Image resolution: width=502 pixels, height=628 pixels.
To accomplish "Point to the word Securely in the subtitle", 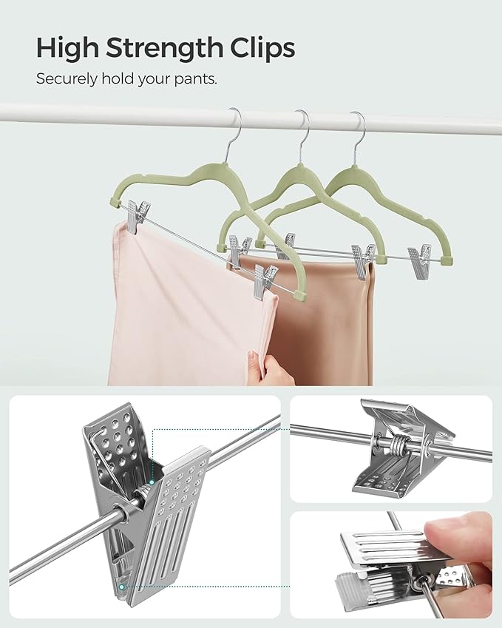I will (64, 78).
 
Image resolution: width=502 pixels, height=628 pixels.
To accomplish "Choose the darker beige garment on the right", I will (333, 325).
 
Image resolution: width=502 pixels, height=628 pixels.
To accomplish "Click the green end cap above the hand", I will (300, 294).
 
